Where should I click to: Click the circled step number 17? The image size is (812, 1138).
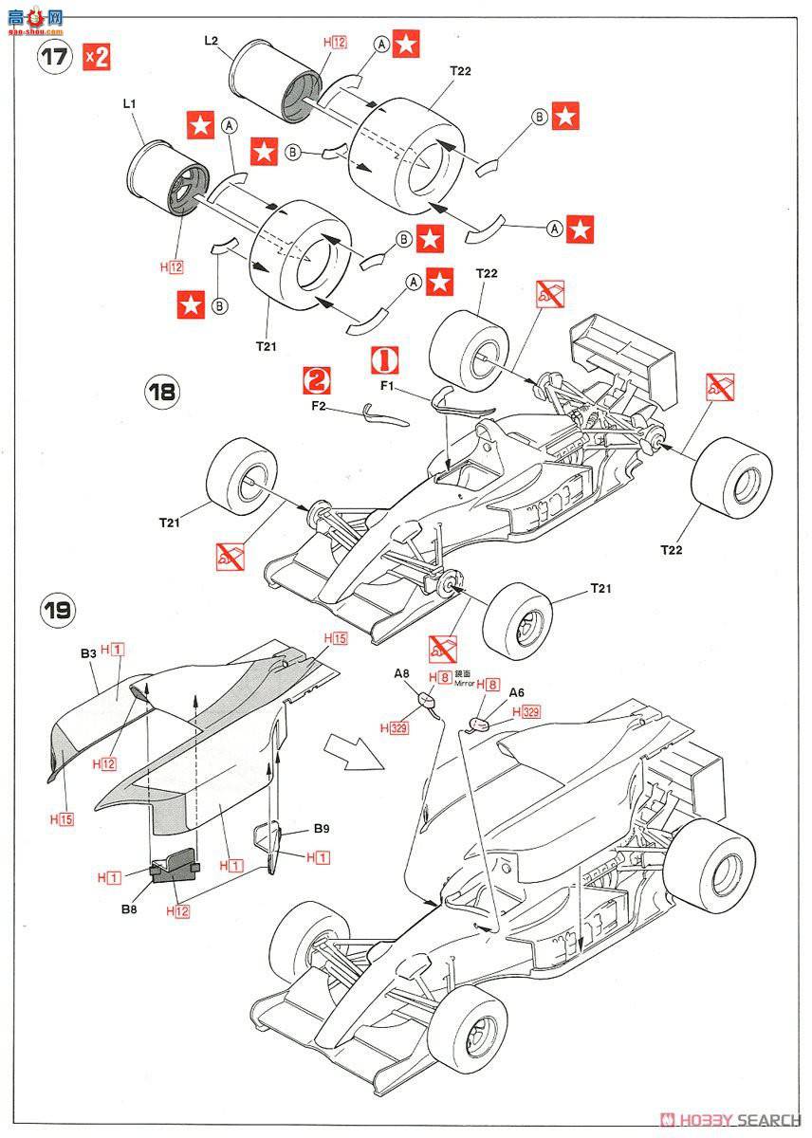pos(54,56)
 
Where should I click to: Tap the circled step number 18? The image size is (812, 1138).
pos(163,392)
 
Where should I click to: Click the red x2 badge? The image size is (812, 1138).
pos(97,56)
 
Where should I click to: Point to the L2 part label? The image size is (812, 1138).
pos(212,40)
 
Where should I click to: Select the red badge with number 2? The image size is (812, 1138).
pos(316,380)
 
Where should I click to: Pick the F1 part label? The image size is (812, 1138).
pos(387,386)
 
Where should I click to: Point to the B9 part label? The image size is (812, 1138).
pos(322,828)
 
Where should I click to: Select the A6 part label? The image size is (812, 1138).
pos(517,692)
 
